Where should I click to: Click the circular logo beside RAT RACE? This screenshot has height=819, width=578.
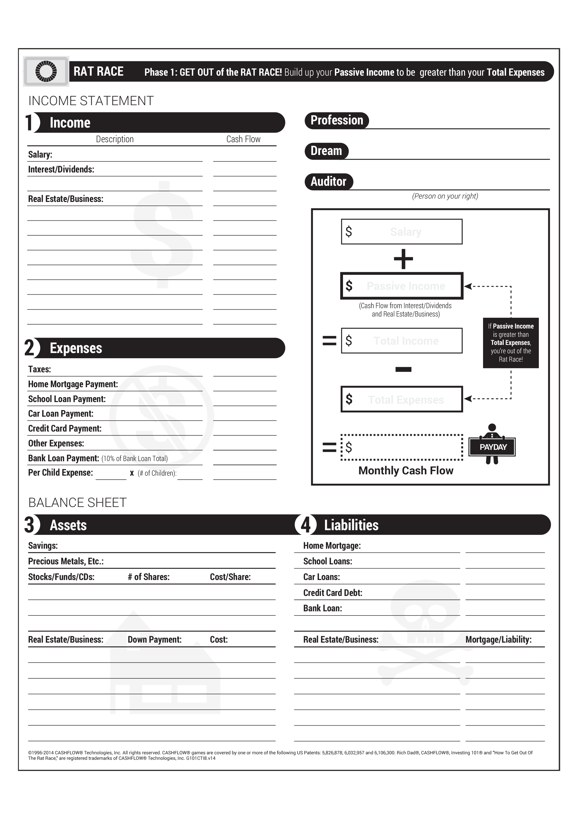coord(46,71)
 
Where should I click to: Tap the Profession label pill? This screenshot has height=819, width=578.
coord(337,121)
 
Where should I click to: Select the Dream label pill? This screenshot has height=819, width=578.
coord(326,151)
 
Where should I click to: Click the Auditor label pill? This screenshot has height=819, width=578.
coord(328,182)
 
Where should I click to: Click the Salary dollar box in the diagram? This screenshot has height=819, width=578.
coord(401,232)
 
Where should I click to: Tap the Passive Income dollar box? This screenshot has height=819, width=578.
coord(401,286)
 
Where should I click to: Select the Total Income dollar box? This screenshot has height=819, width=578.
coord(401,341)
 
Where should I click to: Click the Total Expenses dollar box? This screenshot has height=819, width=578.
coord(401,399)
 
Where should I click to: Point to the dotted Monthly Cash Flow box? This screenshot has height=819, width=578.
coord(401,447)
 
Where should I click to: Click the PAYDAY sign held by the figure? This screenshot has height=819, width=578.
coord(492,447)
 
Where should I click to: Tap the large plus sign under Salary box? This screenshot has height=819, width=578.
coord(403,259)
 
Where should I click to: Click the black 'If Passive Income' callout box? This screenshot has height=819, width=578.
coord(511,342)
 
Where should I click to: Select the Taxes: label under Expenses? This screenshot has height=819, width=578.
coord(40,369)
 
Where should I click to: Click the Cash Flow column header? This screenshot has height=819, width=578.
coord(243,139)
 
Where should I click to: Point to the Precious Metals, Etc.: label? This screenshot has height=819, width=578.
coord(66,561)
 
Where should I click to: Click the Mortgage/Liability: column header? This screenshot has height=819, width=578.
coord(498,639)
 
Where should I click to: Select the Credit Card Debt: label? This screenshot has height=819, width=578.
coord(333,593)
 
